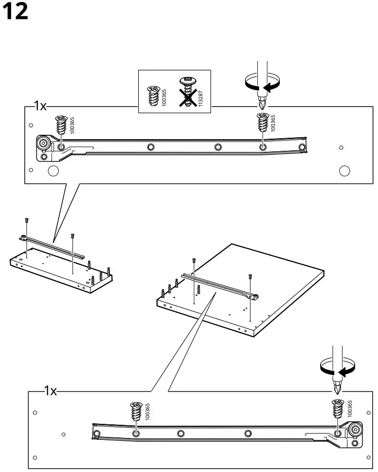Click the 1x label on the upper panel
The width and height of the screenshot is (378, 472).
pos(39,106)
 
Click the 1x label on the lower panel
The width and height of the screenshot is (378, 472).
pos(50,391)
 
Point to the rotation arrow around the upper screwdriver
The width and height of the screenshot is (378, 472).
pos(263,83)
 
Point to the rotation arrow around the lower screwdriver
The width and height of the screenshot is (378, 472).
pos(337,369)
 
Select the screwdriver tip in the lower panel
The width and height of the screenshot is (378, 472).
pos(336,390)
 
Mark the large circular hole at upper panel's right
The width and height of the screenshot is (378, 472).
pos(344,171)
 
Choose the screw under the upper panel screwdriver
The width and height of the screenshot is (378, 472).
pos(262,122)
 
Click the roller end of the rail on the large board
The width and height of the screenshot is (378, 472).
pos(254,296)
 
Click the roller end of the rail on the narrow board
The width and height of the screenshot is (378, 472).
pos(23,237)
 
